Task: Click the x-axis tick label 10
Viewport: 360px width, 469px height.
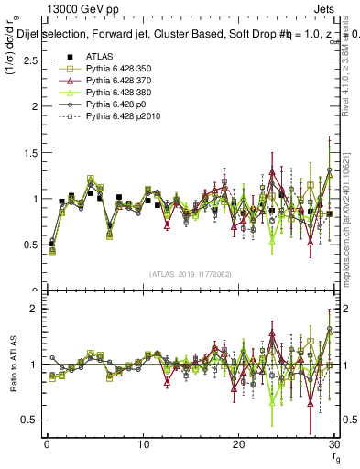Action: click(x=143, y=444)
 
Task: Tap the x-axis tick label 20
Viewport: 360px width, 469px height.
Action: click(x=238, y=444)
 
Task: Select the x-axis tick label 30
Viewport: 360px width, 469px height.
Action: click(x=333, y=444)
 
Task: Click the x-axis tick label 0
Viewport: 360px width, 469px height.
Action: click(x=47, y=444)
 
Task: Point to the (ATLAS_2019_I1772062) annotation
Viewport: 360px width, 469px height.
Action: click(x=191, y=273)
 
